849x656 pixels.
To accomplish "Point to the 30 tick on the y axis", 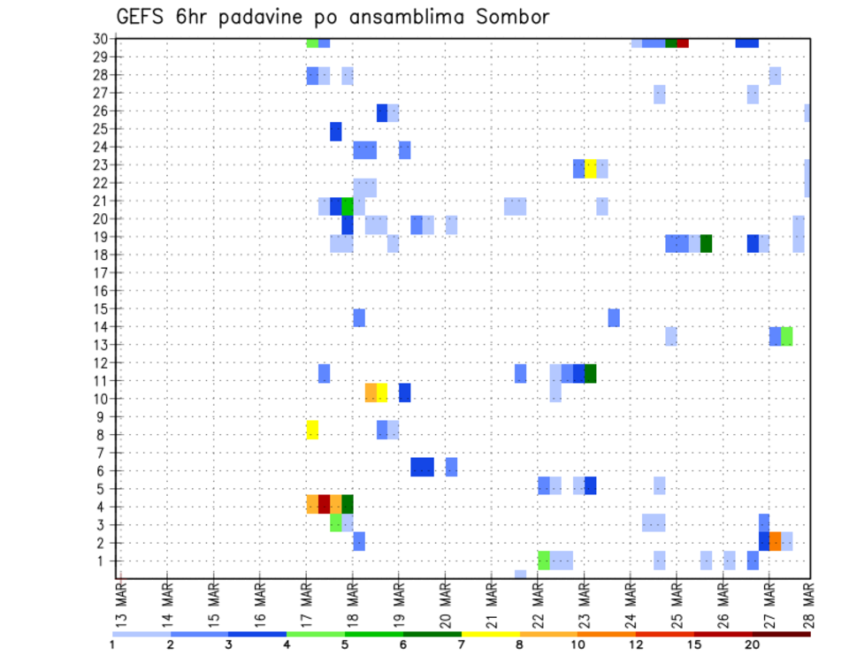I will (102, 39).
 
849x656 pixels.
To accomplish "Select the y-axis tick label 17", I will (102, 272).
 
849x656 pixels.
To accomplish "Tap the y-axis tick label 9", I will (105, 416).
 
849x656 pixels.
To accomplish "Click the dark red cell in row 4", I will (324, 504).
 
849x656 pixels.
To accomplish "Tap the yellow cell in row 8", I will (312, 430).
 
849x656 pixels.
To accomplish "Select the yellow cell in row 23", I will (590, 168).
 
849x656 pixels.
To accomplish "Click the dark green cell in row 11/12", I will (590, 373).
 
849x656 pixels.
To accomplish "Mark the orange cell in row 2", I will (775, 541).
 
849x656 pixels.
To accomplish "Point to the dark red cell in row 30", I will (683, 42).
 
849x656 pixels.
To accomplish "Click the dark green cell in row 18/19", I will (706, 243).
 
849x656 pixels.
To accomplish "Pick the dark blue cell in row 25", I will (336, 132).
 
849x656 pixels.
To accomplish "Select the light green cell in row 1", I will (543, 560).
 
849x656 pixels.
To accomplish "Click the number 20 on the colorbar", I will (752, 645).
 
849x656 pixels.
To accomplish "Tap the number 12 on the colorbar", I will (636, 645).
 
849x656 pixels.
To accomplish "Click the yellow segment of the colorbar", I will (490, 634).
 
